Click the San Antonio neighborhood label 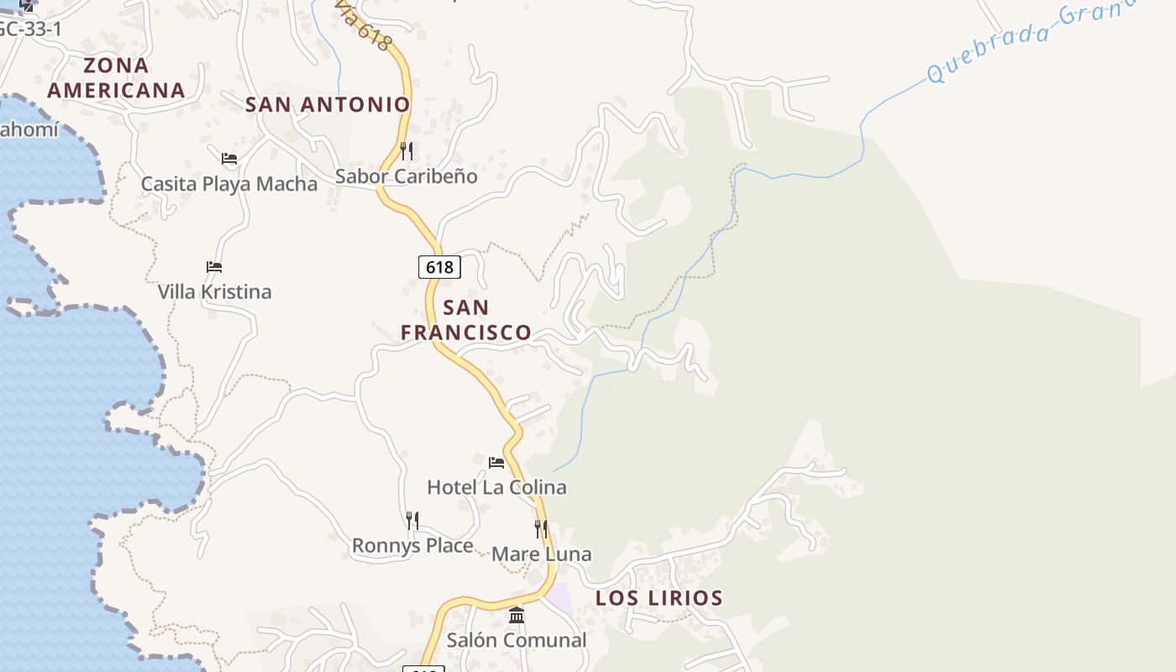(328, 104)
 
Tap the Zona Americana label (116, 77)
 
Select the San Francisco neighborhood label (466, 320)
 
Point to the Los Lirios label (659, 598)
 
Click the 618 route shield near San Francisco (439, 267)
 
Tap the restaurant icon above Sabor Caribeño (407, 151)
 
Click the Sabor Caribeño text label (407, 176)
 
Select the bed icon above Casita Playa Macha (229, 159)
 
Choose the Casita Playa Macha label (229, 184)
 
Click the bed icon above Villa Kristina (214, 267)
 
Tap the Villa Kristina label (215, 292)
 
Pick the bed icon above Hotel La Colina (496, 462)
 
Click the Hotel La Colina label (496, 487)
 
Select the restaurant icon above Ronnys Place (412, 521)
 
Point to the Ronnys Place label (412, 546)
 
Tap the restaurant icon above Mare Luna (541, 529)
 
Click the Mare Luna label (542, 554)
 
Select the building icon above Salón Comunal (517, 616)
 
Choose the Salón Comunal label (517, 640)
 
